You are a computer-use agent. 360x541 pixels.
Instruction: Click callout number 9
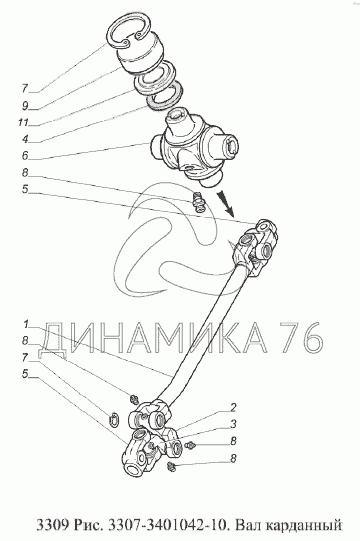click(25, 106)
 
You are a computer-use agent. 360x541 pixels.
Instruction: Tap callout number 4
click(25, 139)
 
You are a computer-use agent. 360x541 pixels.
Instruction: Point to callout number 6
click(25, 156)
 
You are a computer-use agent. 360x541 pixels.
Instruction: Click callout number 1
click(26, 324)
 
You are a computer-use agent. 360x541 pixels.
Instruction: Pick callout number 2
click(233, 407)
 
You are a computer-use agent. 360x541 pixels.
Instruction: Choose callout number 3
click(233, 424)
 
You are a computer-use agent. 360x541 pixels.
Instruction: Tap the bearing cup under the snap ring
click(141, 55)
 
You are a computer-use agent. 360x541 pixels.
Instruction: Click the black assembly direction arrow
click(226, 203)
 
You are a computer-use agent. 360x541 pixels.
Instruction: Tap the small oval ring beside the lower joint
click(114, 419)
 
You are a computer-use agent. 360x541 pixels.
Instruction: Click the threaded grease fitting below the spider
click(199, 201)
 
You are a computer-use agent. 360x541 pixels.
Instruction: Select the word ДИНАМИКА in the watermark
click(153, 338)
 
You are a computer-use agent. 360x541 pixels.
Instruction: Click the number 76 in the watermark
click(302, 338)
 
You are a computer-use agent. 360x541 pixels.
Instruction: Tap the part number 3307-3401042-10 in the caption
click(168, 525)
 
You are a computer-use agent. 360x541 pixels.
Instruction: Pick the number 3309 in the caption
click(51, 525)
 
